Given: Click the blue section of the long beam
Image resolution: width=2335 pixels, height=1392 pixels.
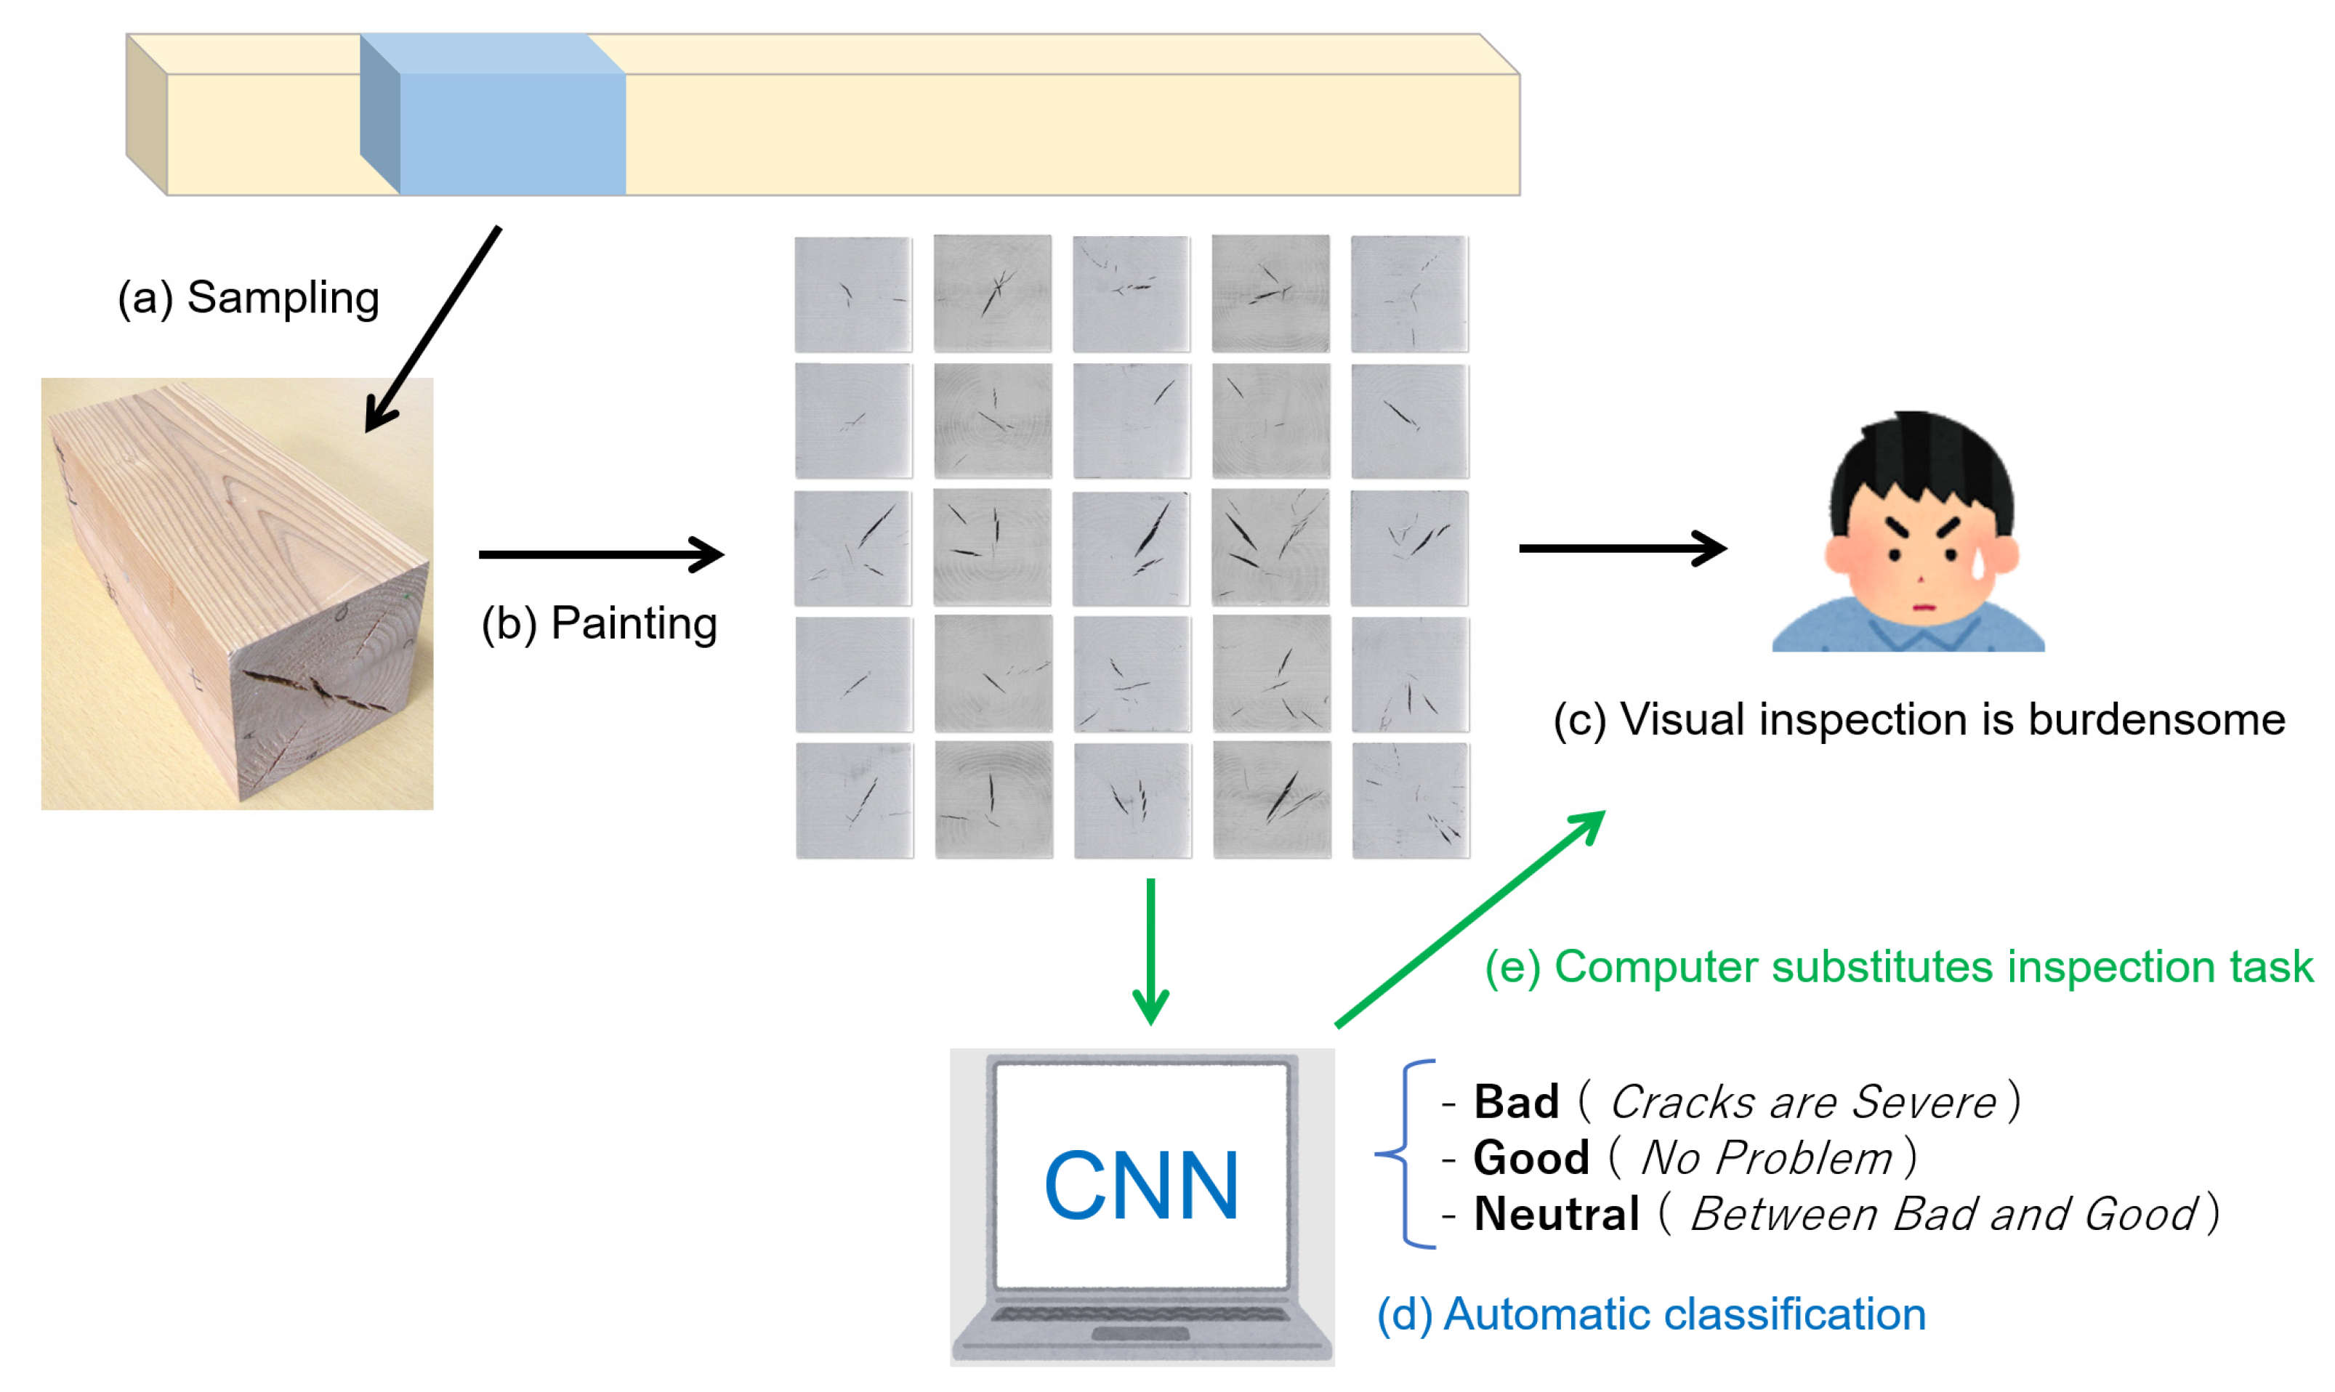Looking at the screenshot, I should coord(512,131).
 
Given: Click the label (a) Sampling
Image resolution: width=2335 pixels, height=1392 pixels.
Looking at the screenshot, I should coord(248,299).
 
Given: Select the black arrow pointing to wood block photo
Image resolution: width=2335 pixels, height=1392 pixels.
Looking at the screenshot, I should coord(432,329).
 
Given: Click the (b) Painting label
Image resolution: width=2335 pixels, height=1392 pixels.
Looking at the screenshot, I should coord(599,624).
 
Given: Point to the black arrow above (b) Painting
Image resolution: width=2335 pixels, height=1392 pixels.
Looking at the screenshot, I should coord(600,554).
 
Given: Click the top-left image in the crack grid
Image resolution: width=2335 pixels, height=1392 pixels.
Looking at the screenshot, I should coord(852,294).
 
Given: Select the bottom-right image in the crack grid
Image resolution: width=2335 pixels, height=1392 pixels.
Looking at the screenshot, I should coord(1410,800).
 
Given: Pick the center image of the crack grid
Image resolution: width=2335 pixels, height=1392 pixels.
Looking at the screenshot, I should coord(1132,548).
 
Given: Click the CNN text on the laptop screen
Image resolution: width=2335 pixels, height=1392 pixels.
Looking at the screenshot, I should coord(1141,1186).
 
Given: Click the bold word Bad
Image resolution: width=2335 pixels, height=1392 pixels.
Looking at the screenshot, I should coord(1515,1102).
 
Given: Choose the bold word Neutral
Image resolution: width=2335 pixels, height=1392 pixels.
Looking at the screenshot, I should coord(1555,1215).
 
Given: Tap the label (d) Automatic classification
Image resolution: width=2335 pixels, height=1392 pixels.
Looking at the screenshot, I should coord(1650,1314).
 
